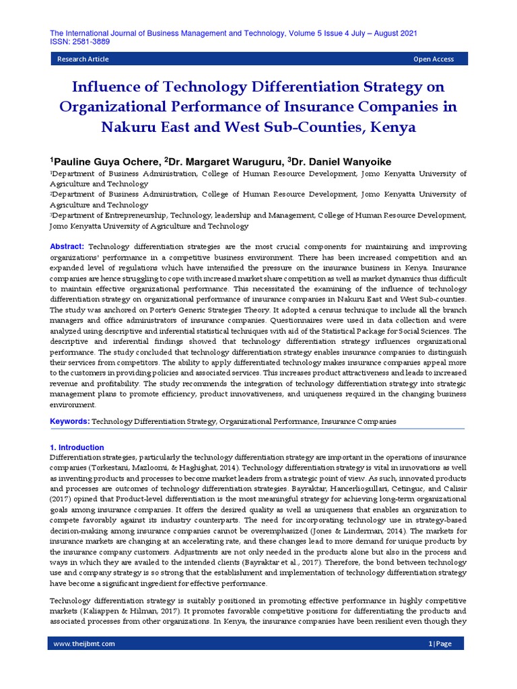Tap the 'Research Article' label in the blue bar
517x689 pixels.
tap(83, 59)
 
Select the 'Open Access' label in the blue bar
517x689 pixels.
tap(434, 59)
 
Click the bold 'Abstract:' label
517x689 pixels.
tap(67, 247)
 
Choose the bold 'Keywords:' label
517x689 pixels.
tap(70, 421)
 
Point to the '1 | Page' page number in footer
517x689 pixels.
tap(441, 643)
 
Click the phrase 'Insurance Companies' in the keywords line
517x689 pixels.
tap(359, 421)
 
